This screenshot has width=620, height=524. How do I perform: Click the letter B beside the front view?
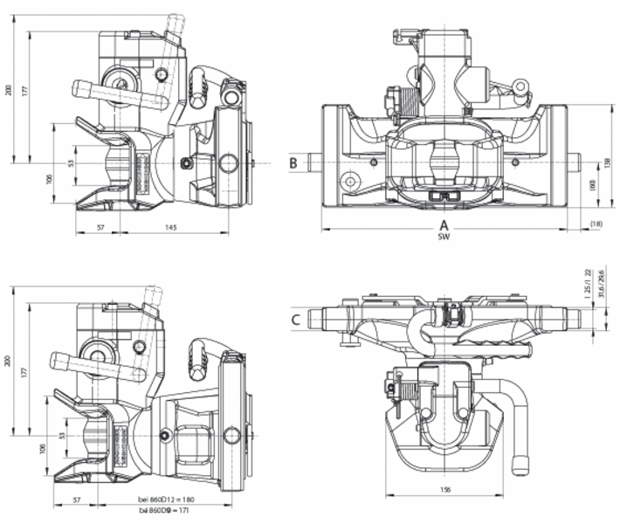(x=294, y=162)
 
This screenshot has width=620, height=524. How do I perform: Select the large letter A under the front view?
(x=444, y=225)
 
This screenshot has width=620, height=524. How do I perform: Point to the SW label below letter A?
(x=444, y=238)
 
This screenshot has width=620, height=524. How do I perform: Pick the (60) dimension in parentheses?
(x=591, y=185)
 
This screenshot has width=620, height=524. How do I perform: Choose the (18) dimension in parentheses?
(x=596, y=224)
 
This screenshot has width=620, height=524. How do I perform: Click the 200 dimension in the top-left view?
(x=10, y=91)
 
